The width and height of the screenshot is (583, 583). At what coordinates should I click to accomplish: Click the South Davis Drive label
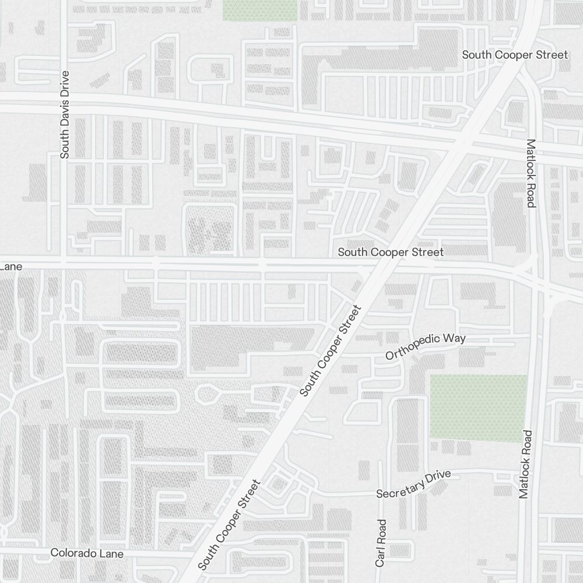[65, 115]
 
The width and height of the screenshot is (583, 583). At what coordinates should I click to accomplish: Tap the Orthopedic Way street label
[426, 347]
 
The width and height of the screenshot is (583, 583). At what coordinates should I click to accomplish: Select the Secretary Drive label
[413, 484]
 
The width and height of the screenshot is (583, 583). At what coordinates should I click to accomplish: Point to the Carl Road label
[381, 543]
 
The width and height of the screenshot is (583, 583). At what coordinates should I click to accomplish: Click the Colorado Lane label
[87, 553]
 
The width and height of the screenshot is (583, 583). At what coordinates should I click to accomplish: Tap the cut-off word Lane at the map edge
[11, 266]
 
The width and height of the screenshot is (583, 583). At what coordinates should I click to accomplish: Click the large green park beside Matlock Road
[477, 408]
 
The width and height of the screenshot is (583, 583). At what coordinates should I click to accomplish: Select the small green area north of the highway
[260, 10]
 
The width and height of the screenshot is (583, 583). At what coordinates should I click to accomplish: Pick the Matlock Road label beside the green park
[525, 464]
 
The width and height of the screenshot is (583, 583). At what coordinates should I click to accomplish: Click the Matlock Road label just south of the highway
[531, 173]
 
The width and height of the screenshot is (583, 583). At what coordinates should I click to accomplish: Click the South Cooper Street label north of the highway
[515, 55]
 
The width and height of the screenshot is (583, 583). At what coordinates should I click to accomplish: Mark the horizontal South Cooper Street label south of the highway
[391, 252]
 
